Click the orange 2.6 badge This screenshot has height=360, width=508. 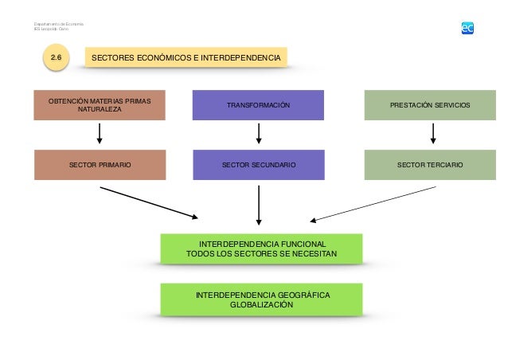(x=56, y=58)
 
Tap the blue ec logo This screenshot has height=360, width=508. (x=467, y=28)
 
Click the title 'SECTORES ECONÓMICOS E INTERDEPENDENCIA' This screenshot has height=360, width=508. (x=186, y=58)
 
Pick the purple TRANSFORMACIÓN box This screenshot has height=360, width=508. (x=259, y=105)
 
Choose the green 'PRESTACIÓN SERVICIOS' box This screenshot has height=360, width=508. (x=429, y=105)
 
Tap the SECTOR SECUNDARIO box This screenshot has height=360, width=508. (x=259, y=164)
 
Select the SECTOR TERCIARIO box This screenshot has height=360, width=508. (x=429, y=164)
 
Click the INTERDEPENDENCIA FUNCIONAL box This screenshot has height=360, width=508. (x=262, y=248)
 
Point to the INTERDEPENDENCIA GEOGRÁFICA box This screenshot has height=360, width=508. (x=262, y=299)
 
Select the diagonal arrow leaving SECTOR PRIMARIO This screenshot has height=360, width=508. (x=149, y=202)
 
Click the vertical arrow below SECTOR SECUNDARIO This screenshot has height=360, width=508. (x=259, y=205)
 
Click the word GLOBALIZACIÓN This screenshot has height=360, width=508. (x=262, y=305)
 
